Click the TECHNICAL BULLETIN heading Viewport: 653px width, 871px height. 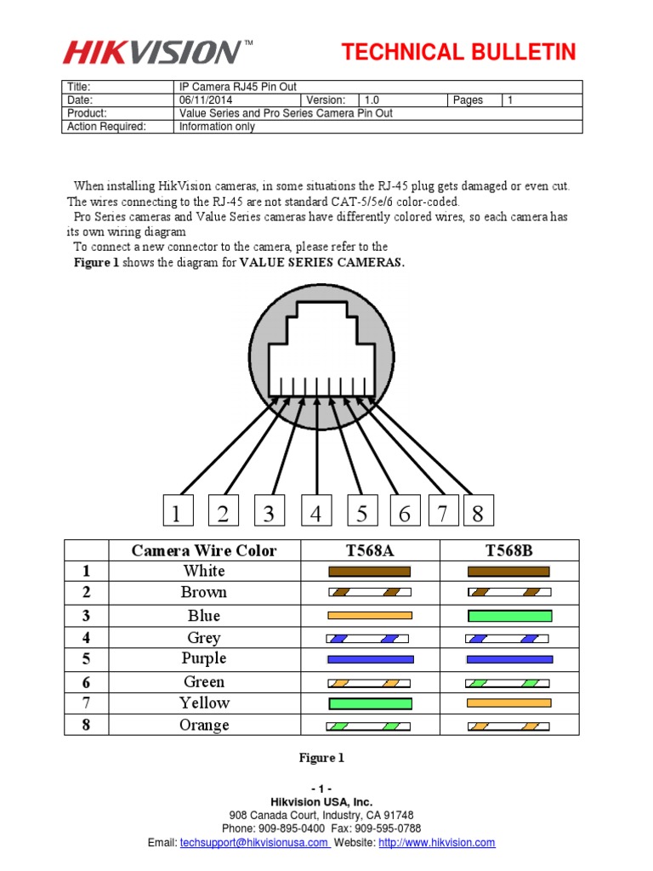(458, 53)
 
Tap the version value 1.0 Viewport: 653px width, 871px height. (372, 100)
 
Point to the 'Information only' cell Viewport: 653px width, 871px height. (217, 127)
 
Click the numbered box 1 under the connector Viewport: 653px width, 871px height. (176, 513)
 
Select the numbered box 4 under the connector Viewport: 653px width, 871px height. (315, 513)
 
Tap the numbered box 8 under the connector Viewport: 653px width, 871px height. (478, 513)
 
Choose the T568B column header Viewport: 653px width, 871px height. (508, 550)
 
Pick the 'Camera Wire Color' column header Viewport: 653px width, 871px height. (204, 550)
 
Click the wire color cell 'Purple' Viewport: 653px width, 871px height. (204, 658)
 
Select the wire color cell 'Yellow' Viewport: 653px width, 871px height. (204, 703)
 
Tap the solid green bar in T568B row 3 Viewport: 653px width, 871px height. (509, 616)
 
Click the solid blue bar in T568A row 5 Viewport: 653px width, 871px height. (370, 659)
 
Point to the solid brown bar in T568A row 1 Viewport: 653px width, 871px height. (369, 572)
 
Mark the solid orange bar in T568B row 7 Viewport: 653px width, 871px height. (509, 703)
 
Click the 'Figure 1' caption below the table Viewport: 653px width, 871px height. (321, 757)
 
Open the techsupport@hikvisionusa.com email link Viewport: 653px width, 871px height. (253, 842)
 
